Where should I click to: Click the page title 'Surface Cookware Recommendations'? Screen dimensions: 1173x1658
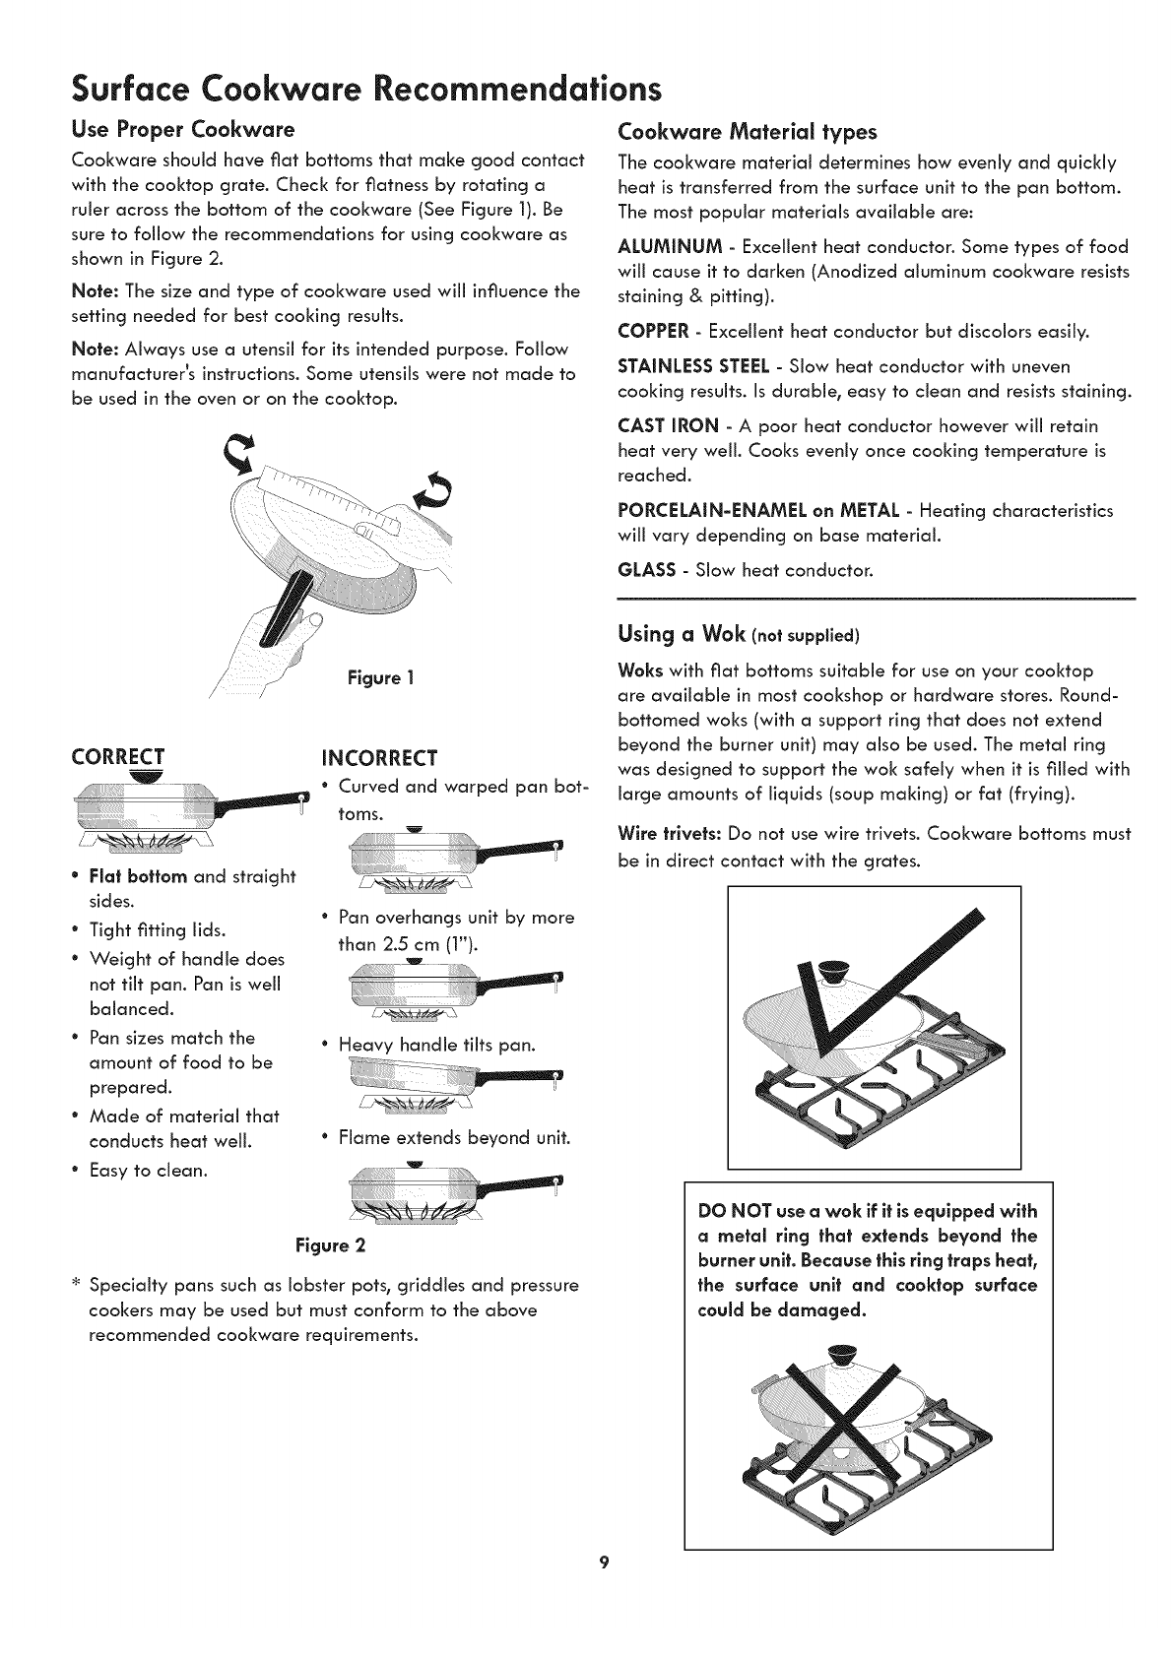(366, 89)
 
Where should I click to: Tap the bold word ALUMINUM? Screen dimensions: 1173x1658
(670, 246)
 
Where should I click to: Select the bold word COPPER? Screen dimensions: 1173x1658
(653, 331)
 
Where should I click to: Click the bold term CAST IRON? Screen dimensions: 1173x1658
(668, 425)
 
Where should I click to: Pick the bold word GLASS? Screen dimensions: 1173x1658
(647, 569)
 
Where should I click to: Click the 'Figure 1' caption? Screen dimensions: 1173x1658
(380, 678)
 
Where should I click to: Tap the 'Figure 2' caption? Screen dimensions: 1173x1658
(330, 1245)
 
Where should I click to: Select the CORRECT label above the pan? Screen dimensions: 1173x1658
(118, 756)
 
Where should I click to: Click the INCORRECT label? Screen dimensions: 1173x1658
(379, 759)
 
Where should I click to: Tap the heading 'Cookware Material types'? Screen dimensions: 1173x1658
(748, 132)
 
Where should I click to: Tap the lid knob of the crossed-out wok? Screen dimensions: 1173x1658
(843, 1354)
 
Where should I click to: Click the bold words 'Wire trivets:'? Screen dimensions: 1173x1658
(670, 834)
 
